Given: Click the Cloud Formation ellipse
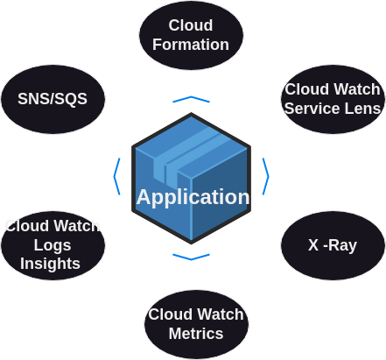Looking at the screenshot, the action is pos(191,35).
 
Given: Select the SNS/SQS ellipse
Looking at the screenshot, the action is pos(53,99).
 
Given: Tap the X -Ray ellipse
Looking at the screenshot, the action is pos(333,245).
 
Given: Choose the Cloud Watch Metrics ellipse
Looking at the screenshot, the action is pos(196,324).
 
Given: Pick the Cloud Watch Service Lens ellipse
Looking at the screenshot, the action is pos(333,99).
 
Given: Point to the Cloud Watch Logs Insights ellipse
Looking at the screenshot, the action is pos(53,245).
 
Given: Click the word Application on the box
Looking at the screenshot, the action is pos(193,197).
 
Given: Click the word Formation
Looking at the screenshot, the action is pos(191,45).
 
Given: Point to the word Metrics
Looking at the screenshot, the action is pos(196,334).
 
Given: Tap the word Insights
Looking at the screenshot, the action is pos(50,264).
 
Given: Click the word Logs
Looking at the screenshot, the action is pos(53,245).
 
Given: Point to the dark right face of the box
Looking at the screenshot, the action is pos(221,193).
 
